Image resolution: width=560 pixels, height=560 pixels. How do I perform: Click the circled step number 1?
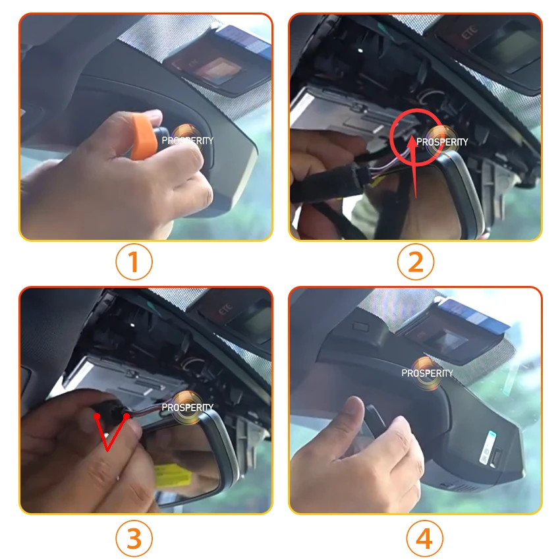134,262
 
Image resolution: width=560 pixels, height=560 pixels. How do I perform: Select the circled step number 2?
415,262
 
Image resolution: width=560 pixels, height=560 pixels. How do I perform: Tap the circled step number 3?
134,539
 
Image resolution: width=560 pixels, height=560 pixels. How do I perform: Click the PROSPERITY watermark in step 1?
187,140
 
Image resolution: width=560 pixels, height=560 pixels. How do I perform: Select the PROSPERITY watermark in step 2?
442,142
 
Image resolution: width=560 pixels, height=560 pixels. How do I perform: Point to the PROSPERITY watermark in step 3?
187,407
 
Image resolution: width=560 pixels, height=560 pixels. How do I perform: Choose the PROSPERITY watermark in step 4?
428,373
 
